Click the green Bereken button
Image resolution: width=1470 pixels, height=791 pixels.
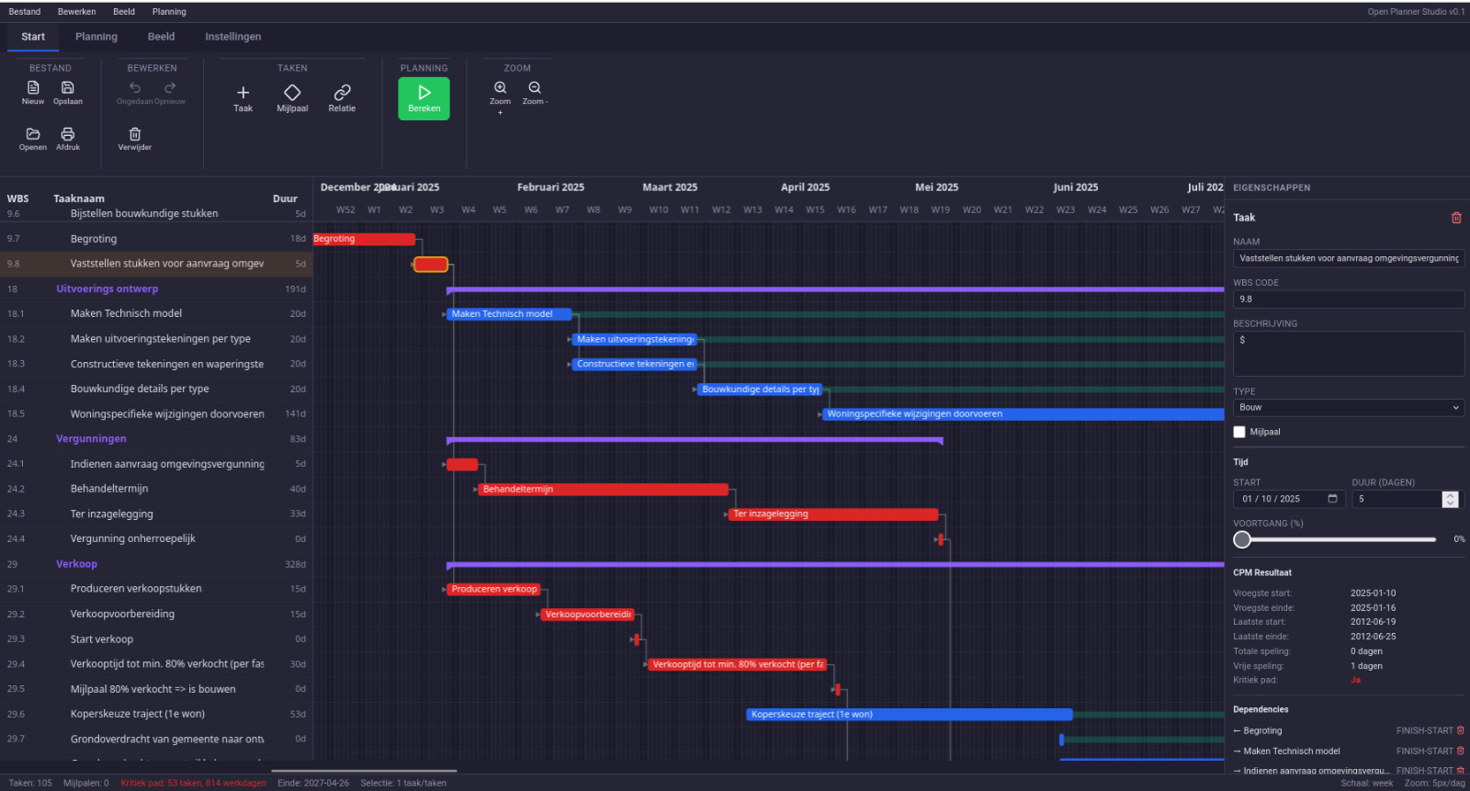point(424,97)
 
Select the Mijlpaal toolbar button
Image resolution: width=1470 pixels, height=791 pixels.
point(292,97)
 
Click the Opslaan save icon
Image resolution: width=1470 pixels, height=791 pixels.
point(68,92)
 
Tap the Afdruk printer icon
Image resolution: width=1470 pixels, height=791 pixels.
point(68,138)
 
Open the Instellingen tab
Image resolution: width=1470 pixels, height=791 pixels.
point(232,37)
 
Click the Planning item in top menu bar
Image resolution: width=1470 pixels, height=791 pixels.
point(169,12)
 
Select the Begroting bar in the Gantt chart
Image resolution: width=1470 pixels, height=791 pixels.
point(364,239)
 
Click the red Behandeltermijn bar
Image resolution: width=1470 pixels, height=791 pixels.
point(602,490)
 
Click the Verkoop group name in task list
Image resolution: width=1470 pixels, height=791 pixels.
point(76,564)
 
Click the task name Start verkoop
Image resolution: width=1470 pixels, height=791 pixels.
point(102,639)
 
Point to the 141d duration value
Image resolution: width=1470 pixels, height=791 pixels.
point(295,414)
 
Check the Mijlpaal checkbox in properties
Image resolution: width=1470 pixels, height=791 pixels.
point(1239,432)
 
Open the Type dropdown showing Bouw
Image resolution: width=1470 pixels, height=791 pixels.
point(1348,408)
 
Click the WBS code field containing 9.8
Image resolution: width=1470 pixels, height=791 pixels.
point(1348,299)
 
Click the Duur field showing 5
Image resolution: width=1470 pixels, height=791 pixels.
point(1396,499)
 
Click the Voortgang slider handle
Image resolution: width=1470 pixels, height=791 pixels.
point(1242,539)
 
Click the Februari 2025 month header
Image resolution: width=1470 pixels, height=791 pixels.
point(550,187)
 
